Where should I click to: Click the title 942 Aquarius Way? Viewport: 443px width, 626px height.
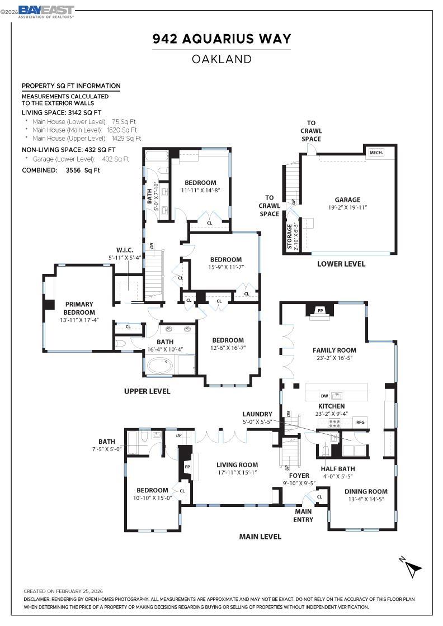click(x=221, y=39)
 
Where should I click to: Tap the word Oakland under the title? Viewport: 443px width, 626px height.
click(x=221, y=59)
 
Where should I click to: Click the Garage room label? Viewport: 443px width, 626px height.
click(x=347, y=200)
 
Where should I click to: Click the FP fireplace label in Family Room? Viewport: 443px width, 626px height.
click(x=321, y=310)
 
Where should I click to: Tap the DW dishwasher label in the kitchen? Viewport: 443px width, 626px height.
click(x=325, y=395)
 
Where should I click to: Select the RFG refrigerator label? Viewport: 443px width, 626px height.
click(x=360, y=422)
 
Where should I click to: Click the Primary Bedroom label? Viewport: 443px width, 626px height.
click(x=78, y=308)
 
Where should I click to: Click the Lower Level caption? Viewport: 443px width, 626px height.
click(x=341, y=264)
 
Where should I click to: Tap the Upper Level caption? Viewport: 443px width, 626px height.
click(x=147, y=391)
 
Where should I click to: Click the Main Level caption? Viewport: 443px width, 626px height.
click(x=260, y=537)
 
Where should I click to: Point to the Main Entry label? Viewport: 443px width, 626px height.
click(x=304, y=515)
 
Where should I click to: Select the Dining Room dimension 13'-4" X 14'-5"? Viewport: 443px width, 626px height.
click(x=366, y=499)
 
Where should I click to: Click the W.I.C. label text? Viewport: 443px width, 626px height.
click(x=124, y=250)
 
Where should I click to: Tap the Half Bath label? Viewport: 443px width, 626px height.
click(x=337, y=469)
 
